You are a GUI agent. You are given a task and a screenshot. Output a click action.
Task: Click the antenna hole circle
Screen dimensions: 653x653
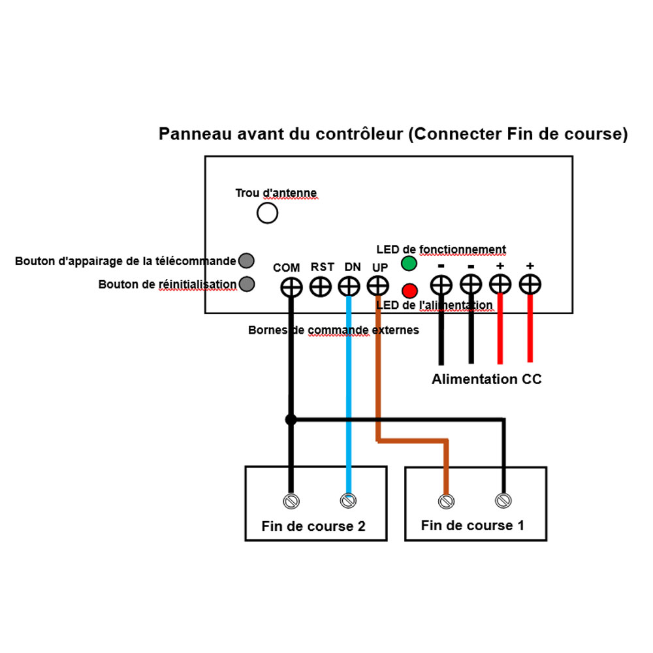click(x=267, y=213)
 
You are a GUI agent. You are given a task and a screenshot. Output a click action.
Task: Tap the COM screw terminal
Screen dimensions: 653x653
click(x=291, y=287)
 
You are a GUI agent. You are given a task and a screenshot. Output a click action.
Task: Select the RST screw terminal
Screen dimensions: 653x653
click(x=320, y=286)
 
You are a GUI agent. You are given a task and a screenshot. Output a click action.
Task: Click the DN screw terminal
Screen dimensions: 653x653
click(x=349, y=286)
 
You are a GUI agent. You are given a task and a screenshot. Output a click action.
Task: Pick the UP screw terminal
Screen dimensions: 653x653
click(x=378, y=286)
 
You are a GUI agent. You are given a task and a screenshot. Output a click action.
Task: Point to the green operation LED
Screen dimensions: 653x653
click(x=409, y=264)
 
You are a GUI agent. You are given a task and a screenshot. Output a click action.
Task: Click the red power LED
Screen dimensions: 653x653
click(x=409, y=290)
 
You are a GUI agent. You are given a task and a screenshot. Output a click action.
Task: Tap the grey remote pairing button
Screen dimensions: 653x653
click(x=246, y=261)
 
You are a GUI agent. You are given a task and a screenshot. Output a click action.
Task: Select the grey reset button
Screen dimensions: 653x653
click(x=246, y=284)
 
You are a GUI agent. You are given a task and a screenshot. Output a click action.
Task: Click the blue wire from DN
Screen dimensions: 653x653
click(x=349, y=392)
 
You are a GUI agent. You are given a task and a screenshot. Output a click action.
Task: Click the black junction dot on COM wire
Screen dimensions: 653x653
click(x=291, y=420)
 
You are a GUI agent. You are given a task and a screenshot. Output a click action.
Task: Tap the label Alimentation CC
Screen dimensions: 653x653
click(x=486, y=379)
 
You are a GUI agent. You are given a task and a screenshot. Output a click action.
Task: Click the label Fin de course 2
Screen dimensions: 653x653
click(x=313, y=526)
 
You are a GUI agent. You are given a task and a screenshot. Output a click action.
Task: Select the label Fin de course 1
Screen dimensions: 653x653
click(x=472, y=525)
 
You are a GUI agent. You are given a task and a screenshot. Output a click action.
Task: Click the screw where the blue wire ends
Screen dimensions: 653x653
click(x=348, y=502)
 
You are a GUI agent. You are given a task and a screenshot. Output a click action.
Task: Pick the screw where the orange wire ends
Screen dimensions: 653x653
click(x=446, y=502)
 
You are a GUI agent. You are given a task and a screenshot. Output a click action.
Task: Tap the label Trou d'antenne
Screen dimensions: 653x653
click(x=276, y=193)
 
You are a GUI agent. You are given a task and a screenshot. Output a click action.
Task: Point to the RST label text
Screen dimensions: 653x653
click(x=323, y=267)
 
